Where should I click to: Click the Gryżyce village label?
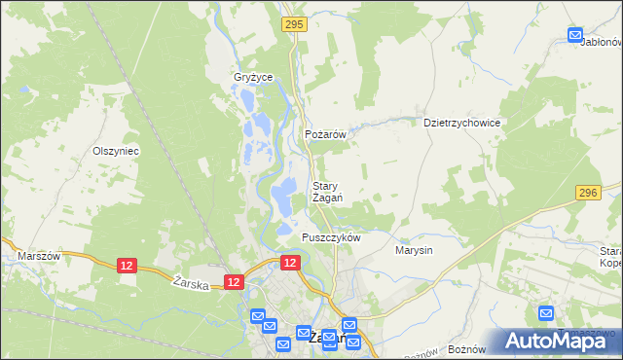(x=252, y=77)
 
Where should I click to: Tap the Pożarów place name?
(x=326, y=135)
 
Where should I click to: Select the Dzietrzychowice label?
(x=461, y=124)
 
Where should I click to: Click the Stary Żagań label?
(x=326, y=192)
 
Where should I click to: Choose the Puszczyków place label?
(x=331, y=237)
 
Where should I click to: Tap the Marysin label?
(x=414, y=250)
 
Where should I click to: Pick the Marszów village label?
(x=39, y=256)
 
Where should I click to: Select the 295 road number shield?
(x=293, y=23)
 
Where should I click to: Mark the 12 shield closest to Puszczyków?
(x=289, y=263)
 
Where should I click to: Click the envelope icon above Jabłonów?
(x=575, y=35)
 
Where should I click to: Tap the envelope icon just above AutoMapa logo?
(x=546, y=313)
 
